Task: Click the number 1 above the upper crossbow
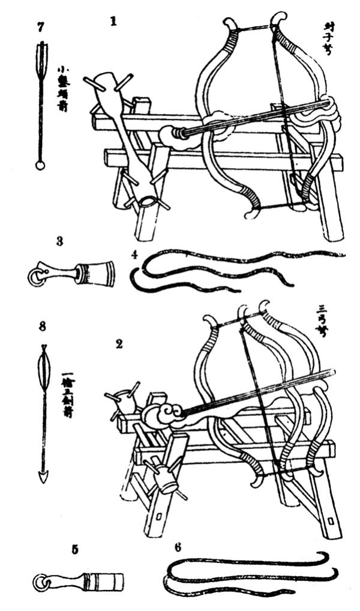(x=112, y=22)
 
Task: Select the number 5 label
(x=74, y=549)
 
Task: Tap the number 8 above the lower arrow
(x=42, y=327)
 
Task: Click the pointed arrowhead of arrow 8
(x=43, y=477)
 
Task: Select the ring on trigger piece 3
(x=36, y=276)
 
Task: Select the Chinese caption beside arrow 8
(x=67, y=396)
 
